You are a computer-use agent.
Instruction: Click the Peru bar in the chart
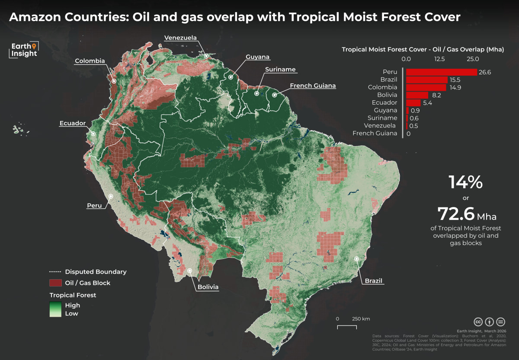tap(441, 72)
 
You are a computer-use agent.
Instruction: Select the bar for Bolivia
tap(417, 95)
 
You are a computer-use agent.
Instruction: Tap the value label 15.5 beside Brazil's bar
tap(455, 80)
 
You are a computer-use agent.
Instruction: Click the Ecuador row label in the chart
tap(384, 103)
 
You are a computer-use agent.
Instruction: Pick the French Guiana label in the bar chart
tap(375, 134)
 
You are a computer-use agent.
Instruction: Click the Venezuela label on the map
tap(180, 38)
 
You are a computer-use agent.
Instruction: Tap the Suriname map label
tap(281, 70)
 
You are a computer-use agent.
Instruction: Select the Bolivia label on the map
tap(208, 287)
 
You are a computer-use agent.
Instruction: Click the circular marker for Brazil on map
tap(357, 259)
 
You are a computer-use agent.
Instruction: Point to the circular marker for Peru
tap(111, 196)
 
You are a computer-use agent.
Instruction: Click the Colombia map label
tap(90, 61)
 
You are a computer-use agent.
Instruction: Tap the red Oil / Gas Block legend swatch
tap(55, 283)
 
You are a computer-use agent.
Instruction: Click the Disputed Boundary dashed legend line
tap(55, 272)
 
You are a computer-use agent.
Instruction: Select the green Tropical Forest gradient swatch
tap(55, 309)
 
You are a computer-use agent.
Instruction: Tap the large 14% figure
tap(465, 182)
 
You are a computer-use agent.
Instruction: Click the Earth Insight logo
tap(24, 49)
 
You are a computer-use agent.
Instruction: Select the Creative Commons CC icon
tap(478, 322)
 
